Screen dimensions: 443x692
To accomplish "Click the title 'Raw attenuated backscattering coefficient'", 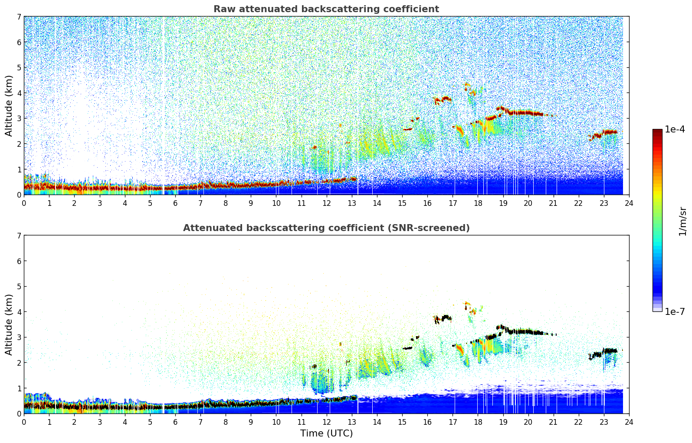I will pos(326,9).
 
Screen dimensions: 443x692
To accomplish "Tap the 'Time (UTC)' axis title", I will pos(326,433).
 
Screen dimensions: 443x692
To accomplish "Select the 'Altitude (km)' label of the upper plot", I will pos(9,106).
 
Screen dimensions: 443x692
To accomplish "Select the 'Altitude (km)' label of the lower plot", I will pos(9,324).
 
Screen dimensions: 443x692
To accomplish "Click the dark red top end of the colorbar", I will pos(657,131).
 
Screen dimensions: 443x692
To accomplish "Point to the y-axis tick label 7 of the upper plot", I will pos(19,17).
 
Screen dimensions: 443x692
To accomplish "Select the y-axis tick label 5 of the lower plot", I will pos(19,286).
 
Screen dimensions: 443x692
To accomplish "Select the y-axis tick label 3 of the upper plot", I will pos(19,119).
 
